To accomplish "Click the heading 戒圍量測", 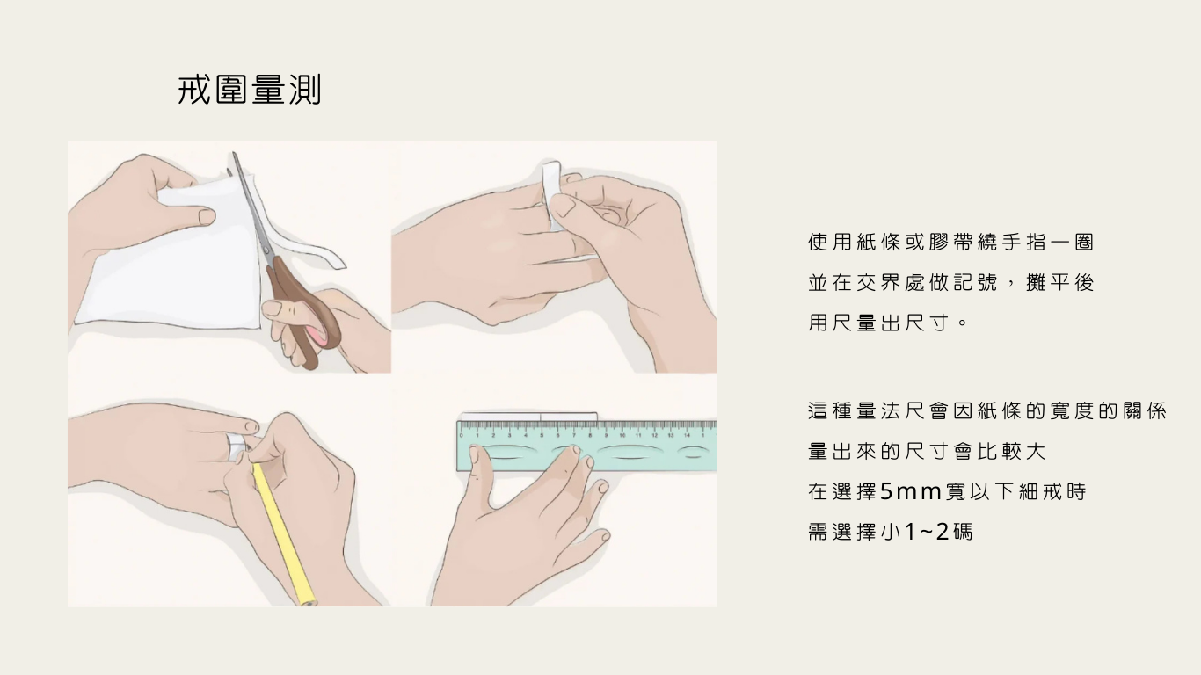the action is pos(250,90).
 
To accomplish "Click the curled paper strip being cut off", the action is pos(311,248).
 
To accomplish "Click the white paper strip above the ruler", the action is pos(529,417).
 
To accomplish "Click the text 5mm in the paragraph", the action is pos(911,491).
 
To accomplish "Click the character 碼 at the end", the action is pos(963,532).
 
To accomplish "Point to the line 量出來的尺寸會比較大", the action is pos(927,451).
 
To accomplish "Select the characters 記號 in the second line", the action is pos(975,282).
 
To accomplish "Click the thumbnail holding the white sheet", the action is pos(207,216).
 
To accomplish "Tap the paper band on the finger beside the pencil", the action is pos(237,446).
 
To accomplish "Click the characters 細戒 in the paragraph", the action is pos(1038,491).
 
